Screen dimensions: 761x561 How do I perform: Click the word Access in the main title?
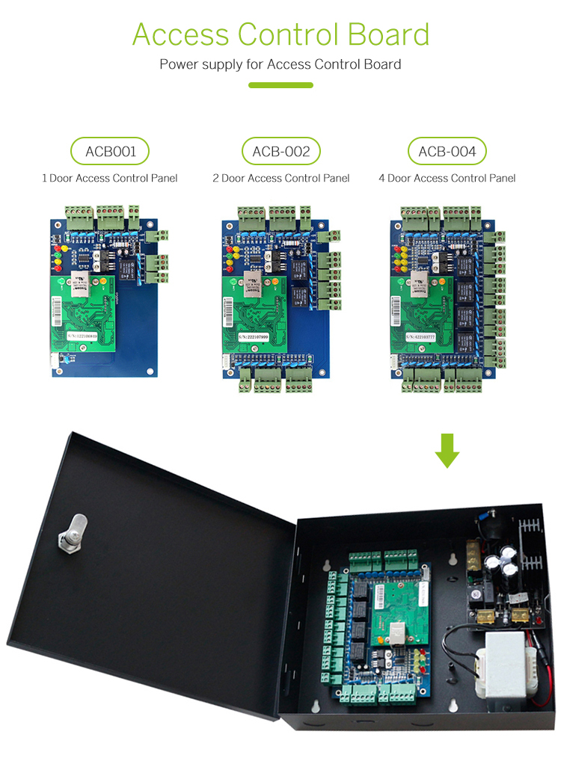[180, 34]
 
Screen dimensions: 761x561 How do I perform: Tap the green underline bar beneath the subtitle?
[280, 85]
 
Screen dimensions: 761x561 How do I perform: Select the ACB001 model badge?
[110, 152]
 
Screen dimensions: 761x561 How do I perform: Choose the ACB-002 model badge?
[281, 152]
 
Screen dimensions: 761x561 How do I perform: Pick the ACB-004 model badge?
[447, 152]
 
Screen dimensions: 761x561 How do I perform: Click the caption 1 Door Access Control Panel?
[110, 178]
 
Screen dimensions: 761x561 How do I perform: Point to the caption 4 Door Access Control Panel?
[447, 178]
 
